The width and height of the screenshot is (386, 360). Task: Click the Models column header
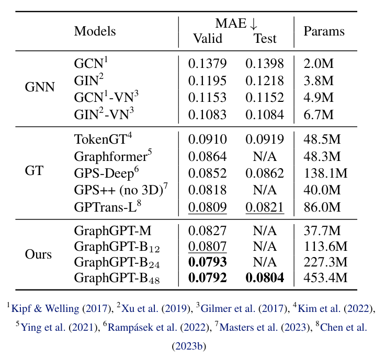tap(95, 31)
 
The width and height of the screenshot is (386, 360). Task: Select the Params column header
tap(324, 31)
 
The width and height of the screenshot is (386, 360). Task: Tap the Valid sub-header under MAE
tap(208, 38)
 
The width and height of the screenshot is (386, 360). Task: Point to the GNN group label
tap(39, 87)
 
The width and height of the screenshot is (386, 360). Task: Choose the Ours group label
tap(38, 254)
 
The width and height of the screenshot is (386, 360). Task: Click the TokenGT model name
tap(103, 140)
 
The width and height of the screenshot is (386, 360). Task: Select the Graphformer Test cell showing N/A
tap(265, 156)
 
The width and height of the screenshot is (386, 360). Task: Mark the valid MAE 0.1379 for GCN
tap(208, 64)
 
